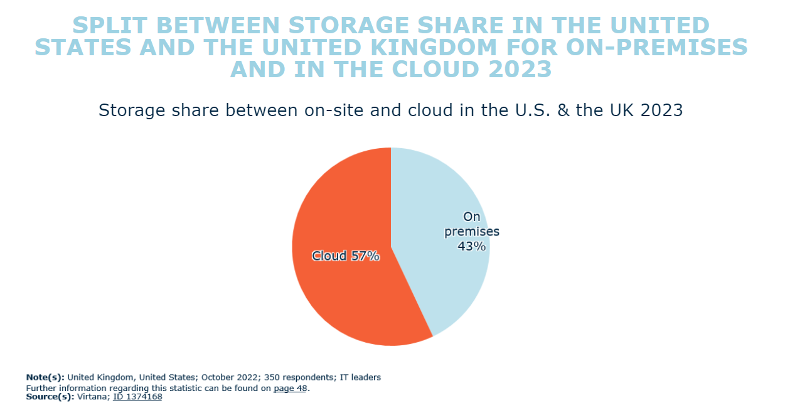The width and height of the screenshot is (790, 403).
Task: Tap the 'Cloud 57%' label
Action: (x=346, y=256)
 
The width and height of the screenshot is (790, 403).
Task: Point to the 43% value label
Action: (x=472, y=247)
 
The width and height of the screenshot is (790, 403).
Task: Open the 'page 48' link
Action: (x=291, y=388)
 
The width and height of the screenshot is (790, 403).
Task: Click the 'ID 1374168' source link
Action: (x=137, y=397)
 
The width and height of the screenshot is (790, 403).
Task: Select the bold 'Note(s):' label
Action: (x=45, y=377)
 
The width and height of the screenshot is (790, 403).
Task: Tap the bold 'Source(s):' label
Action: (x=50, y=397)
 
